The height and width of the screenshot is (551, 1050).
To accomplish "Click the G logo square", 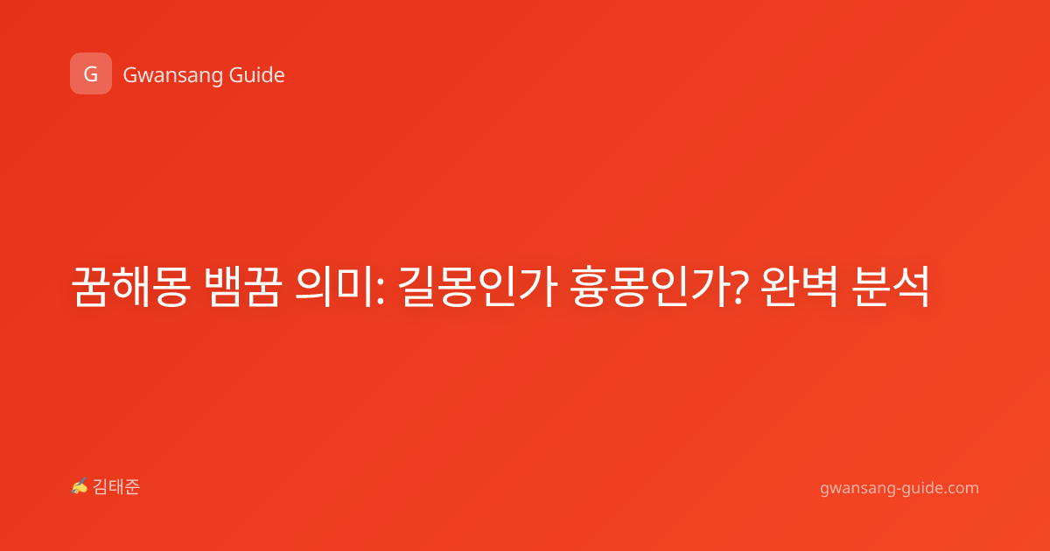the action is pos(91,73).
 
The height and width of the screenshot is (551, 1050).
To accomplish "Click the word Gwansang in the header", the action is pos(172,76).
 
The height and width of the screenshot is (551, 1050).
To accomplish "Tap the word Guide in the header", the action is pos(257,75).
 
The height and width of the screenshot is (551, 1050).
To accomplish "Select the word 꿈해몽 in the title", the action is pos(130,287).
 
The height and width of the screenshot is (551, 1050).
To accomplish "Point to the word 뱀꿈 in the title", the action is pos(243,287).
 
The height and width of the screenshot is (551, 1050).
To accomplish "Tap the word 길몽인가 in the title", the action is pos(478,287).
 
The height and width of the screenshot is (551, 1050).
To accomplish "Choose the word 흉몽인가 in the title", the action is pos(649,287).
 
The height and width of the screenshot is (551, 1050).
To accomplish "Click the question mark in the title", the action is pos(739,288).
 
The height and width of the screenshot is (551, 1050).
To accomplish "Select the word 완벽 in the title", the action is pos(799,287).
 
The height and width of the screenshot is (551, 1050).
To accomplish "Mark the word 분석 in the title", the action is pos(890,287).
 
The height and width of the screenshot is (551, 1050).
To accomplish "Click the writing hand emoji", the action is pos(80,486).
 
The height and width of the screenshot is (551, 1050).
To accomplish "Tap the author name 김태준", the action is pos(116,487).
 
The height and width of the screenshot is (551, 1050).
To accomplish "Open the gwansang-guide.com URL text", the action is pos(899,489).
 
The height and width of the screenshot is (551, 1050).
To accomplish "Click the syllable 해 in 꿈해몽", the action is pos(130,287).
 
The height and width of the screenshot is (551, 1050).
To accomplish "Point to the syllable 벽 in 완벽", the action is pos(819,287).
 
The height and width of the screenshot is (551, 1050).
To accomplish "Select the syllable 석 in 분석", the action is pos(911,287).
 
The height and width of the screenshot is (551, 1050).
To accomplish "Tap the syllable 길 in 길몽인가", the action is pos(418,287).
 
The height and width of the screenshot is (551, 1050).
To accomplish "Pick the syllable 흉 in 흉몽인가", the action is pos(590,287).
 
